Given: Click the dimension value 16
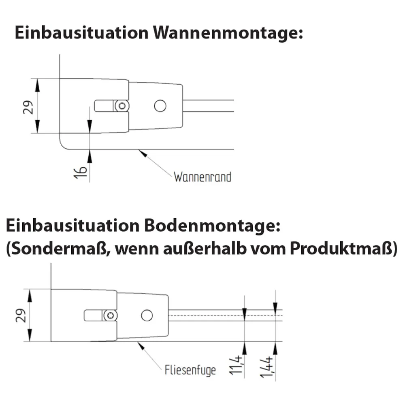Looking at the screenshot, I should (x=81, y=172).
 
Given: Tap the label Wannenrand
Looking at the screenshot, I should (x=202, y=177).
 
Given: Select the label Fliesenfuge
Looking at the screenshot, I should (x=190, y=370).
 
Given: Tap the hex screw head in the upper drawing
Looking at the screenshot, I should (x=122, y=106).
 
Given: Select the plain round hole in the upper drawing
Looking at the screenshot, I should (x=160, y=106).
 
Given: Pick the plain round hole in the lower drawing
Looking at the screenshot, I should (x=147, y=315).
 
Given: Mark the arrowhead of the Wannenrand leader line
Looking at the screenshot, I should (x=140, y=151).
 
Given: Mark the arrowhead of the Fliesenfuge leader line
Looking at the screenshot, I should (x=139, y=344).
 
